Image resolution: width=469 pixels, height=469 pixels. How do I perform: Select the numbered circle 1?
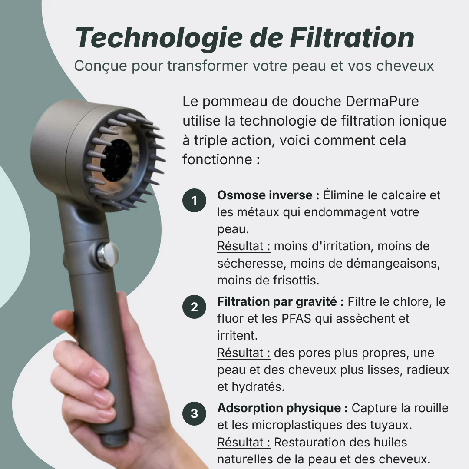tap(194, 201)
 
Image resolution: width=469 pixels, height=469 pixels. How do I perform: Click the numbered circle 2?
tap(194, 307)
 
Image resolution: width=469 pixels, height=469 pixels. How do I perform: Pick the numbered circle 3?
tap(194, 413)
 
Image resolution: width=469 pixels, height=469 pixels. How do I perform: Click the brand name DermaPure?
tap(383, 101)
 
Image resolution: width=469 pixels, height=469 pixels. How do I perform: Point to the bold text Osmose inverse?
tap(264, 195)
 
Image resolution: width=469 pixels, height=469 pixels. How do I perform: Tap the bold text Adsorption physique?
tap(282, 408)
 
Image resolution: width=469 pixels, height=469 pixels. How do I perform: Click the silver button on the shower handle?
tap(108, 254)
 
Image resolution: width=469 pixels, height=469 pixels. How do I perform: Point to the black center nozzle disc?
tap(116, 161)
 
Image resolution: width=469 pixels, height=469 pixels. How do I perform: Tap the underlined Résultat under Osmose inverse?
tap(244, 246)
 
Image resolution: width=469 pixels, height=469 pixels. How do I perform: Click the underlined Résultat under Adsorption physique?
tap(244, 442)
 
